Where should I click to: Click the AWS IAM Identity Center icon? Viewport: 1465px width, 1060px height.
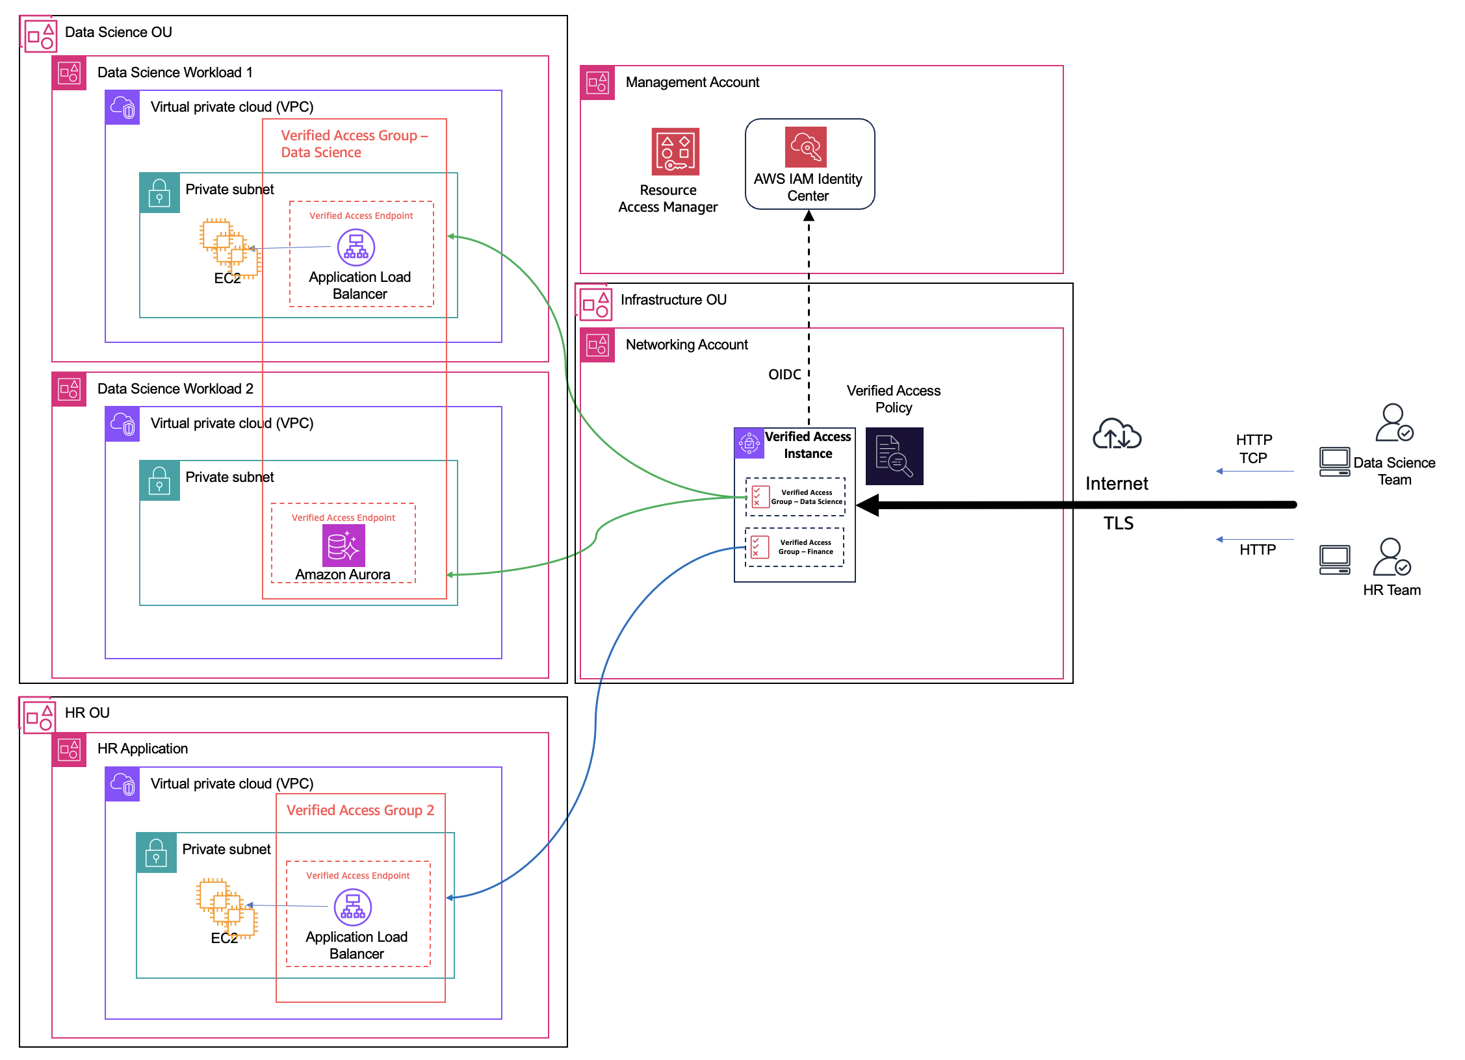click(806, 147)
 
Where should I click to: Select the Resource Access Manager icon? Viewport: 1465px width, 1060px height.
click(675, 151)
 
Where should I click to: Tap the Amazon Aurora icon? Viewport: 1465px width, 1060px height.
click(343, 546)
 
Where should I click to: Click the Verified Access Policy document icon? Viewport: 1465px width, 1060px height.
click(894, 456)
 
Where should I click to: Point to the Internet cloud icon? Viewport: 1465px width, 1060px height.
click(1117, 435)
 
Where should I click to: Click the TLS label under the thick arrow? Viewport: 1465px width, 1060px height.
click(1118, 523)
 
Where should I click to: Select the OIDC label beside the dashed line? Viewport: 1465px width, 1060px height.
click(784, 374)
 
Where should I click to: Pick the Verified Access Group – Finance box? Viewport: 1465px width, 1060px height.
click(794, 547)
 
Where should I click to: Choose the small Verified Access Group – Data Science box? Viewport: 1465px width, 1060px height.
click(795, 497)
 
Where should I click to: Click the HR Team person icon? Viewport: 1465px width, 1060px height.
click(1391, 557)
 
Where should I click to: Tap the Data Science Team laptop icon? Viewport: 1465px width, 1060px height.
click(1334, 462)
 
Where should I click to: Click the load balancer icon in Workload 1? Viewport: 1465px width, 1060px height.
click(356, 247)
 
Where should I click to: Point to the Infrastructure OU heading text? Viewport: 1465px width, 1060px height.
click(673, 299)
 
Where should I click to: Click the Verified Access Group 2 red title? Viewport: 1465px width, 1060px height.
click(360, 810)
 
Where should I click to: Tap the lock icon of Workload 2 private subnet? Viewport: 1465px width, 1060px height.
click(159, 480)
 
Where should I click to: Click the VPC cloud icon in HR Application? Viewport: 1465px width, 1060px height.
click(122, 784)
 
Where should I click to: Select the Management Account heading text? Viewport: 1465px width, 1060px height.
click(692, 82)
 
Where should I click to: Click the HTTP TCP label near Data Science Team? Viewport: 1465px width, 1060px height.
click(1253, 449)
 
